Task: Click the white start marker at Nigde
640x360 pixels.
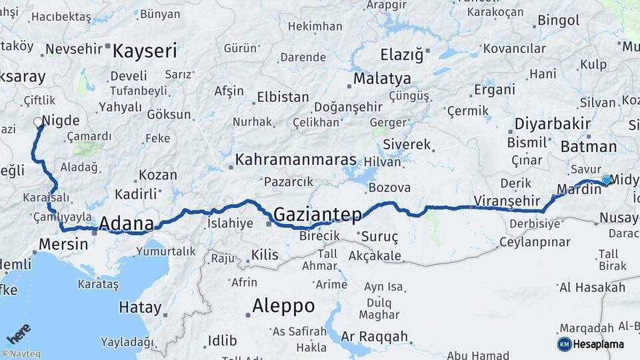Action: point(38,122)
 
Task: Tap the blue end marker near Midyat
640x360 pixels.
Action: point(607,179)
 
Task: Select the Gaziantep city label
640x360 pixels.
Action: point(318,215)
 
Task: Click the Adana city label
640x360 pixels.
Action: point(127,225)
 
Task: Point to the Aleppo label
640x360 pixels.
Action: point(283,306)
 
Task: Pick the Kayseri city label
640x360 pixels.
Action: point(145,51)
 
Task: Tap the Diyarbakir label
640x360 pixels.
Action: point(553,124)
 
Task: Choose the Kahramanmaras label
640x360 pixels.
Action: point(295,161)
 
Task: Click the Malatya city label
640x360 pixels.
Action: point(382,79)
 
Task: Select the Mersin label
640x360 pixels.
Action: point(63,244)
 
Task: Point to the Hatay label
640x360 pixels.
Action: point(140,307)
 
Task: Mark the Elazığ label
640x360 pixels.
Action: point(401,55)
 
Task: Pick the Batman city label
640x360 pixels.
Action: point(589,147)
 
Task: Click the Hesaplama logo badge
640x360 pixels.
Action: point(590,344)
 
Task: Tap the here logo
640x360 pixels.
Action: point(19,333)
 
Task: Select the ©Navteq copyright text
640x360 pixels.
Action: point(23,353)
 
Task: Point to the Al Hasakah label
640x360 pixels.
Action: point(592,287)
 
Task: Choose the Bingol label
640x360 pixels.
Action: point(558,20)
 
